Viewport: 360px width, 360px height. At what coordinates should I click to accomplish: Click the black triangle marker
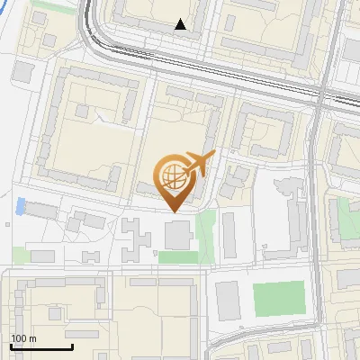181,24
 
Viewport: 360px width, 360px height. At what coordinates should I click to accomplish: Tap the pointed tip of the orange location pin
173,211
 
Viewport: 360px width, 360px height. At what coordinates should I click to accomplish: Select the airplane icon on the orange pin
197,164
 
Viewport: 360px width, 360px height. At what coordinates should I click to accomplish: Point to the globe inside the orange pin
172,175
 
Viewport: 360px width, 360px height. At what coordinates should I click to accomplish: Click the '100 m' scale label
23,339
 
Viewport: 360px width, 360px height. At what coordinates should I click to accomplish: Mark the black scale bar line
41,347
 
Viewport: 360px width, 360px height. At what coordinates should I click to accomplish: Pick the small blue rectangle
20,207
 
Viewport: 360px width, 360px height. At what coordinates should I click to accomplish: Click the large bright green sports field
279,299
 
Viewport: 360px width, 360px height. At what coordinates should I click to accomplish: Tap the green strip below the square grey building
177,257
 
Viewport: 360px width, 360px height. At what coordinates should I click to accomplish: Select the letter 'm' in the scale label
33,339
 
